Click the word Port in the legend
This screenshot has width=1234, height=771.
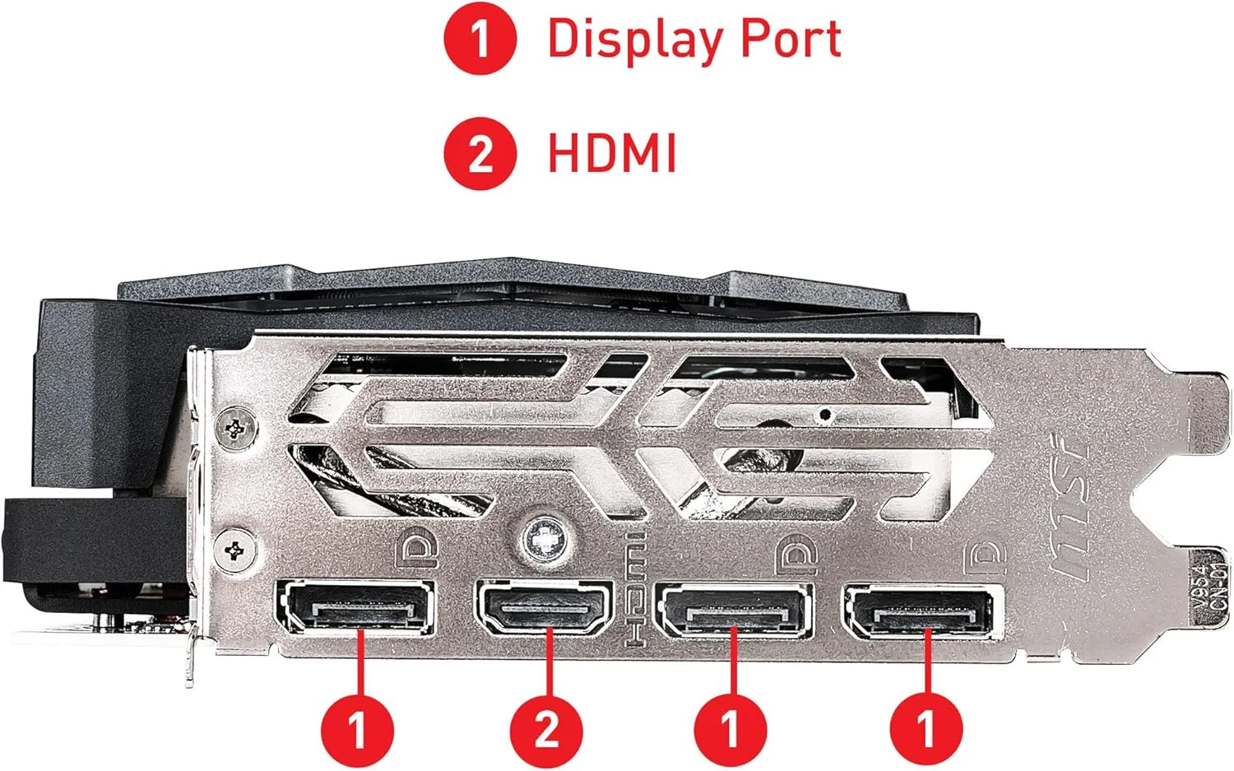point(791,38)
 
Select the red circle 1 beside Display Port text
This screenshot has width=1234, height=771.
point(480,38)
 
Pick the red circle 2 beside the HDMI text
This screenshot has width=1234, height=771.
point(480,153)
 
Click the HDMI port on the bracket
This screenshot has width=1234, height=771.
point(544,608)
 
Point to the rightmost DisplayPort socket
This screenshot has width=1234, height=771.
point(921,611)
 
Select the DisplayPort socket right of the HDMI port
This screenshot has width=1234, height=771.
point(735,611)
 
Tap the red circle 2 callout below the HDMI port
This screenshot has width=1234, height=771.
point(546,731)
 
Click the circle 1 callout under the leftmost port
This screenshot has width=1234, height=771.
point(358,731)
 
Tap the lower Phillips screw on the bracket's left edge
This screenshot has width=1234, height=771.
point(234,550)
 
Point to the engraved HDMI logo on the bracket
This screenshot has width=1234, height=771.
point(635,590)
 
